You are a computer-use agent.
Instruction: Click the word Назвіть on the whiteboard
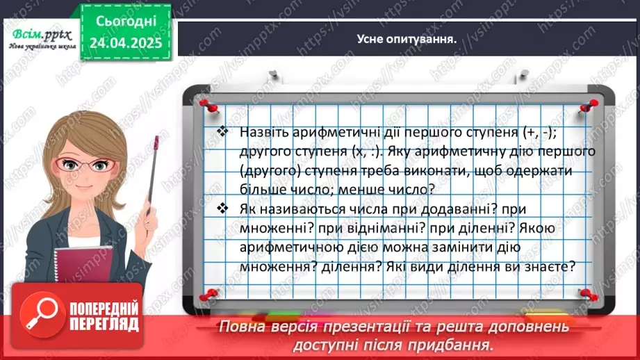coord(262,132)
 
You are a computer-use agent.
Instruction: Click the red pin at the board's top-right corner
coord(590,104)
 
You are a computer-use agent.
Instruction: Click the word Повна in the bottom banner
coord(240,327)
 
